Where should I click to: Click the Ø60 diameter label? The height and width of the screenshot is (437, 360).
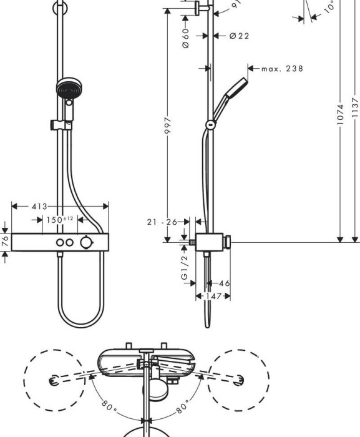[x=185, y=39]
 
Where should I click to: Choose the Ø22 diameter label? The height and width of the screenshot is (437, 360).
[x=238, y=36]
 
